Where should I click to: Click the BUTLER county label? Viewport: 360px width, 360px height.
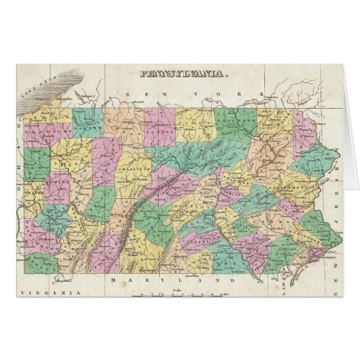(58, 181)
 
